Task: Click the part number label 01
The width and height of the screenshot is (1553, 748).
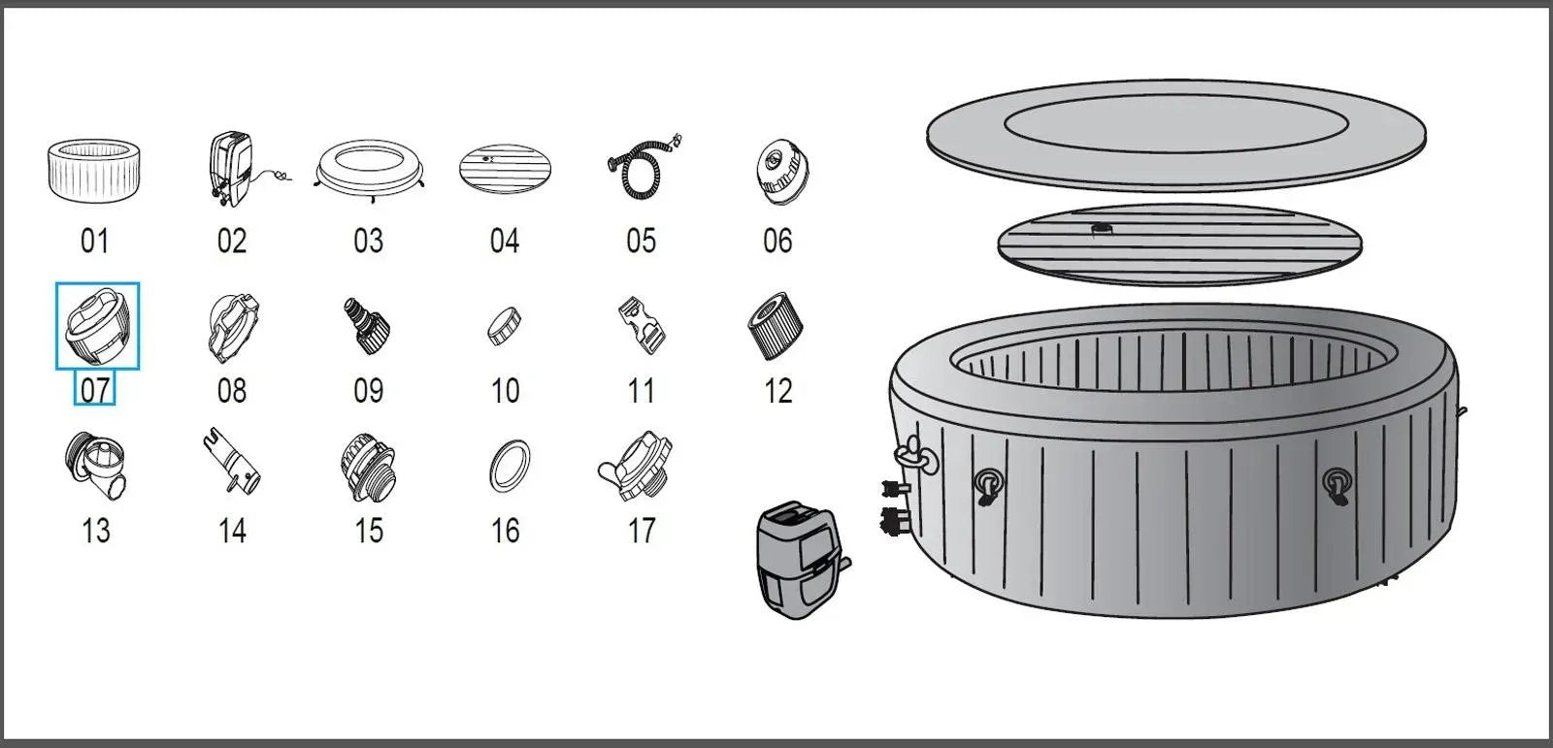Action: tap(94, 241)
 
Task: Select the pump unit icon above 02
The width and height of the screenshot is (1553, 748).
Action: tap(231, 168)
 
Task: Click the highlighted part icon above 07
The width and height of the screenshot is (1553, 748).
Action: tap(97, 326)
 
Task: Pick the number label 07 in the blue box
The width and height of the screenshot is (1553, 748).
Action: tap(95, 390)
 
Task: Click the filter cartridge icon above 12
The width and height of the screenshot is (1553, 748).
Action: tap(776, 325)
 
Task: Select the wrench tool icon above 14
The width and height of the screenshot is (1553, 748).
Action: tap(232, 463)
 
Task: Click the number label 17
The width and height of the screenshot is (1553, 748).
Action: tap(642, 531)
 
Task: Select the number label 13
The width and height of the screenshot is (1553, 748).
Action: tap(95, 531)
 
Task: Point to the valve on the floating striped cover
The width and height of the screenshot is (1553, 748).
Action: tap(1104, 230)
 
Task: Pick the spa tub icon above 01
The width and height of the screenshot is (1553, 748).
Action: tap(94, 170)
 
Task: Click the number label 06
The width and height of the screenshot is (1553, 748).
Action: tap(777, 241)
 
